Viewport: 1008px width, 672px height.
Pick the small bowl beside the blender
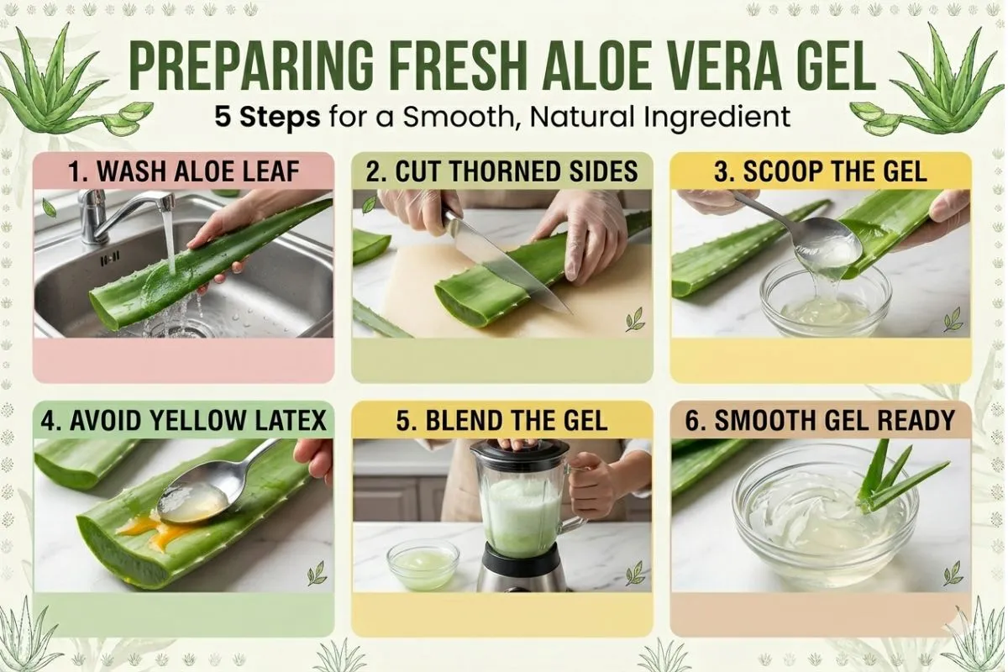(423, 563)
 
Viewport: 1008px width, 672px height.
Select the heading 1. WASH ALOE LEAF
(183, 172)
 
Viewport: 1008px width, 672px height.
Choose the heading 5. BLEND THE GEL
(502, 419)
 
